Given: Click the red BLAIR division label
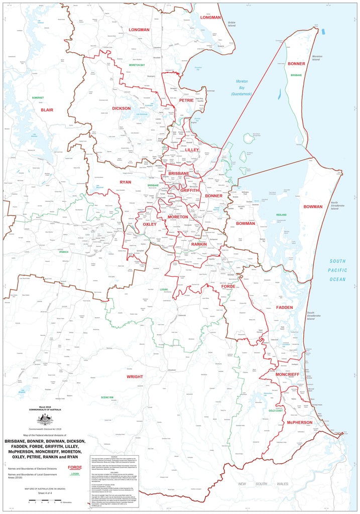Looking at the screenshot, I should pyautogui.click(x=47, y=109).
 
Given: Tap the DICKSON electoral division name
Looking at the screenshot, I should pyautogui.click(x=122, y=108).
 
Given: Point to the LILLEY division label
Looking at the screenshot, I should pyautogui.click(x=192, y=150).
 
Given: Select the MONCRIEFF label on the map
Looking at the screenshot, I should pyautogui.click(x=287, y=374).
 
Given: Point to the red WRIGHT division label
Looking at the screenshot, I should pyautogui.click(x=135, y=376).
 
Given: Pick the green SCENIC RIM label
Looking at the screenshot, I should pyautogui.click(x=107, y=397).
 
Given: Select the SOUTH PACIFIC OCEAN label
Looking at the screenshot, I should pyautogui.click(x=337, y=270).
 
